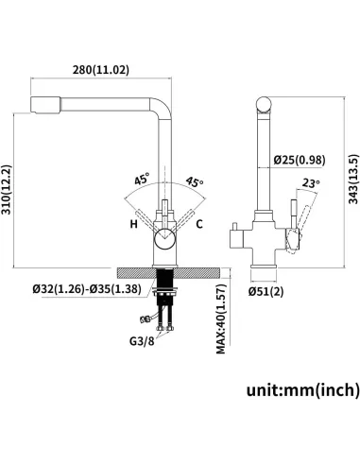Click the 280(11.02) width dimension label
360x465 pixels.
coord(101,70)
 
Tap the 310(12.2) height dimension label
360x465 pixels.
coord(7,189)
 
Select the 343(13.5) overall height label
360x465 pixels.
coord(353,179)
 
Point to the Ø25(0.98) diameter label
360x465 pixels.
coord(300,160)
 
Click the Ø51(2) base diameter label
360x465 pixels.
coord(266,292)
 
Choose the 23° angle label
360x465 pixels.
coord(311,183)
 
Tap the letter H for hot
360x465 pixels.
coord(134,224)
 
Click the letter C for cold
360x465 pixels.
coord(199,224)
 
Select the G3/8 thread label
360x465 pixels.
coord(142,341)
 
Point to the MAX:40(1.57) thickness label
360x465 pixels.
coord(221,319)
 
